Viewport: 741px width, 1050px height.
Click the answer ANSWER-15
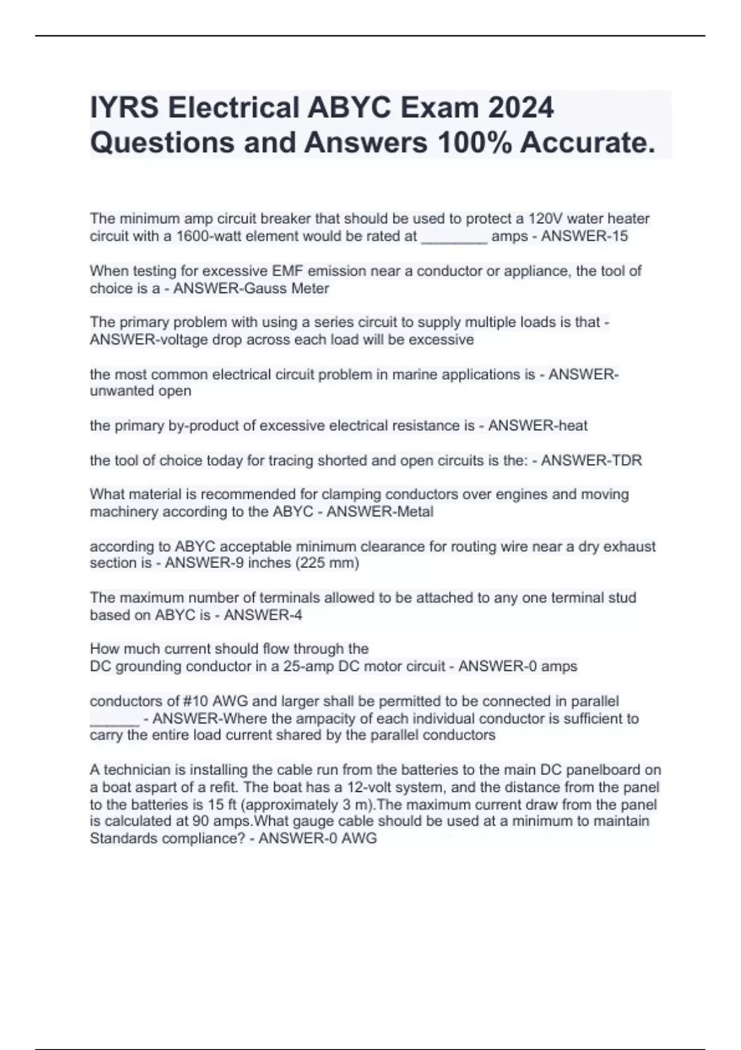coord(584,237)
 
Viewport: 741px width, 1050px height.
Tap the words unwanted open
coord(140,391)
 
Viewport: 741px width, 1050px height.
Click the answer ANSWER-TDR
coord(591,460)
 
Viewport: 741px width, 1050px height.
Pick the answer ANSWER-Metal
coord(380,512)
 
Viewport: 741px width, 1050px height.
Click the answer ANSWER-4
coord(263,615)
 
